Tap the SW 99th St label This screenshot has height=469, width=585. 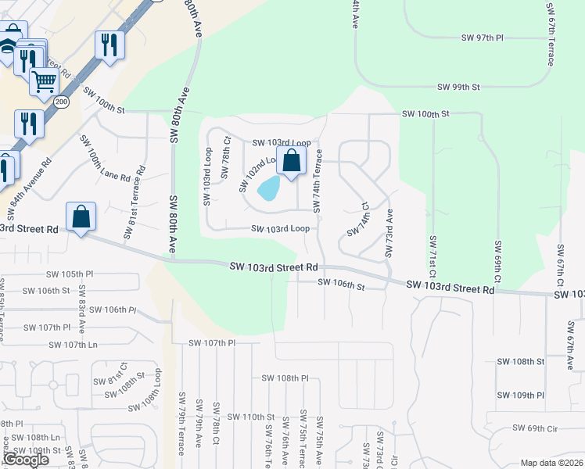458,87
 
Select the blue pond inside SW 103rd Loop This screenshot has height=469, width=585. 268,188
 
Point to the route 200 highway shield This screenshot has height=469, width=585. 61,102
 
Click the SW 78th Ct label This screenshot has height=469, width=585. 225,158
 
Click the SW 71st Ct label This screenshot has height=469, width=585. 431,259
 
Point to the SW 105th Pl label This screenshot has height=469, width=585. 70,274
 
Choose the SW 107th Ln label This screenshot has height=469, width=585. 74,345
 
